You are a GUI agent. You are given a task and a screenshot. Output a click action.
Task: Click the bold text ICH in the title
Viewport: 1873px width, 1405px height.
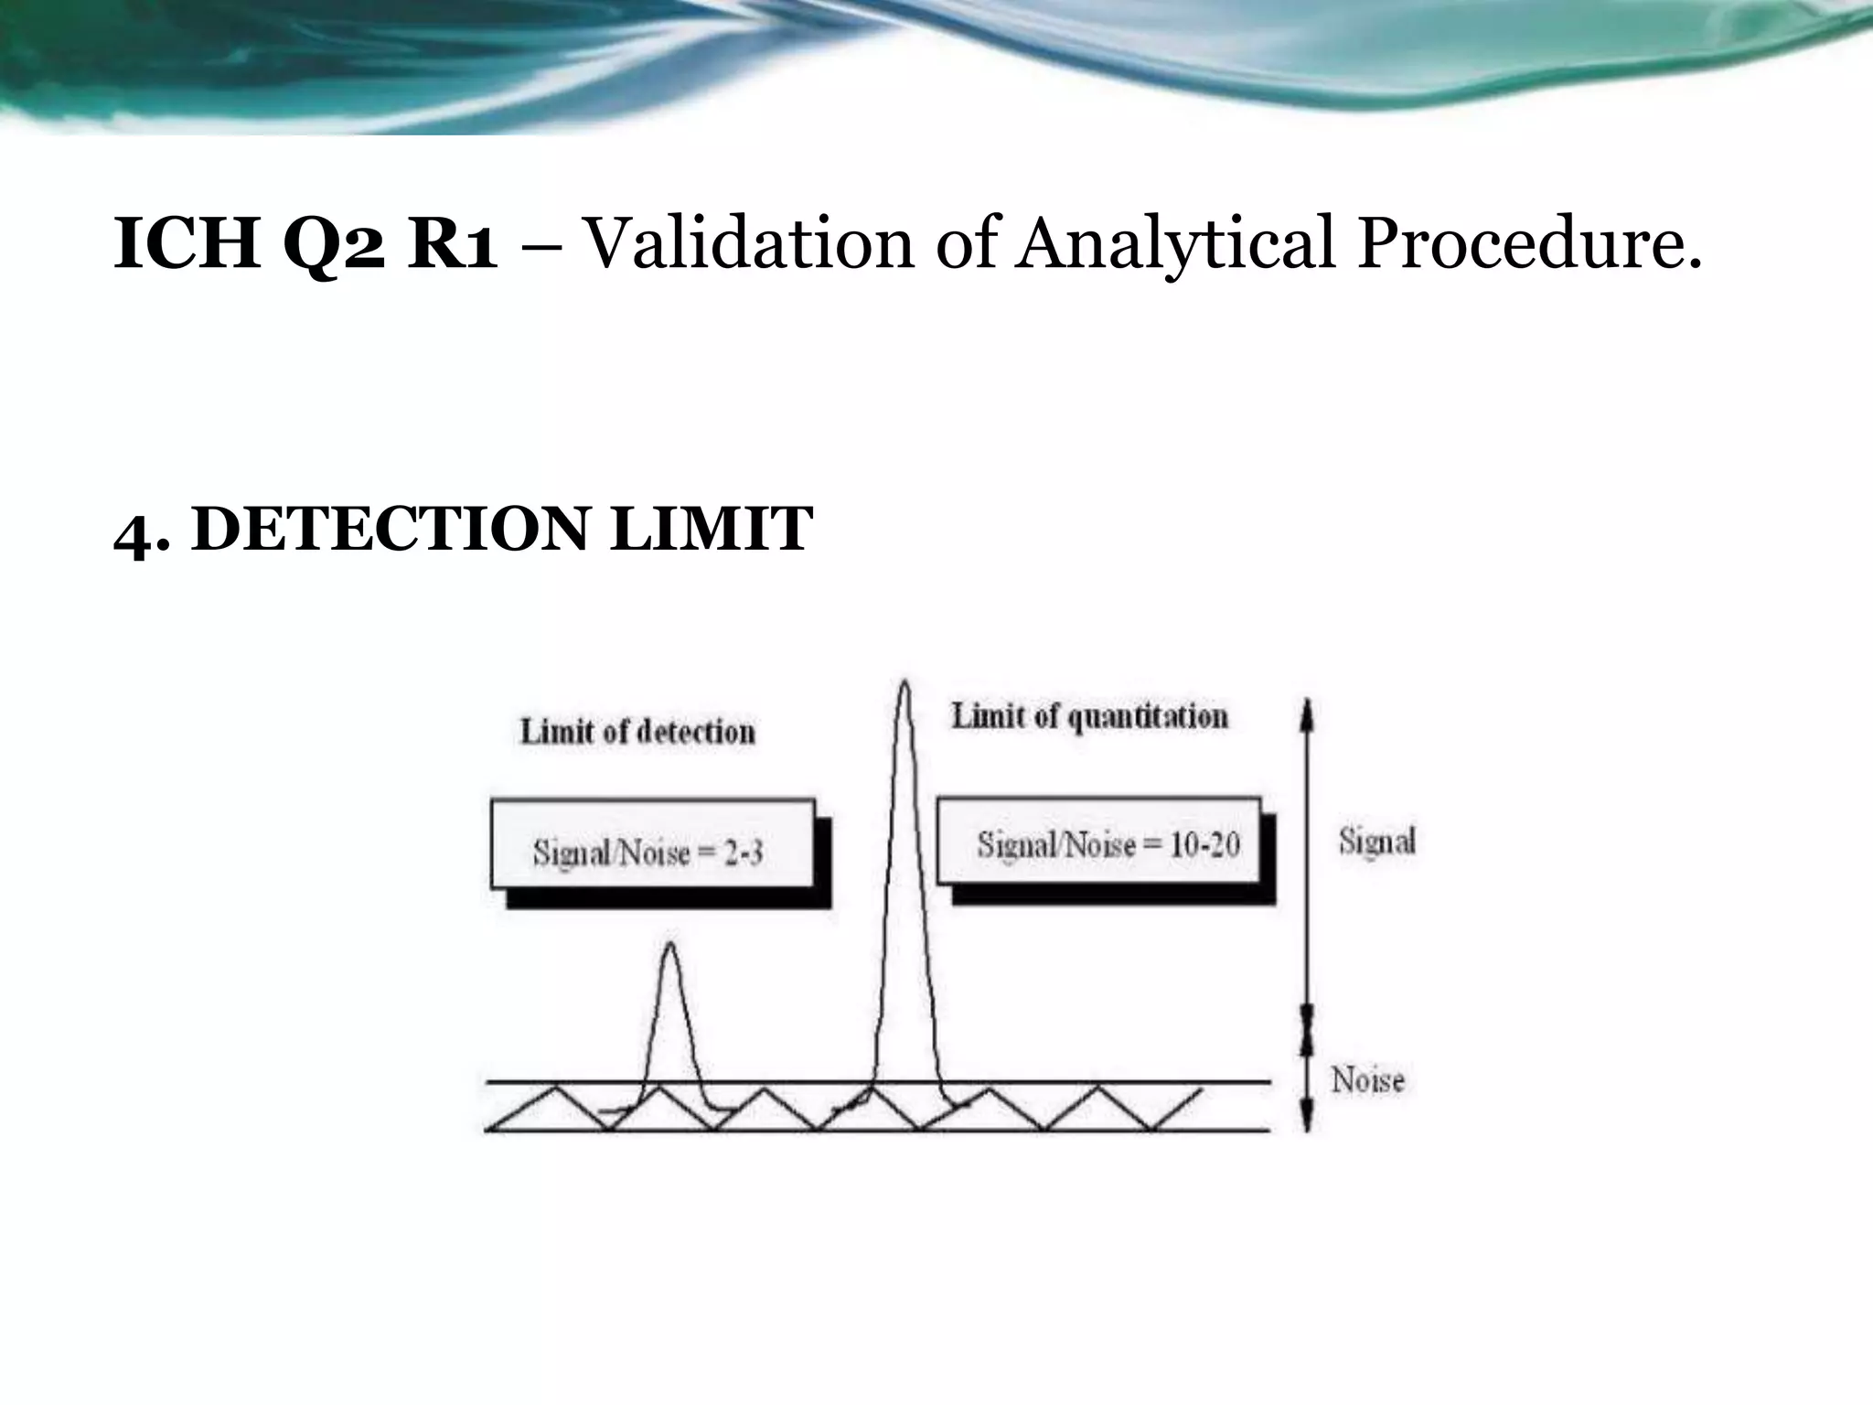coord(187,244)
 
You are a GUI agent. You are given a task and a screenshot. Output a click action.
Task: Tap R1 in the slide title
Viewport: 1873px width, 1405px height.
coord(452,244)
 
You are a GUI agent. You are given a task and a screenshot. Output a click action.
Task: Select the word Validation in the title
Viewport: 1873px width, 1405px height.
coord(748,244)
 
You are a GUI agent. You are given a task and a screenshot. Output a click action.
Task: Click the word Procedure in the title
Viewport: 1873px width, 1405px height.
coord(1529,244)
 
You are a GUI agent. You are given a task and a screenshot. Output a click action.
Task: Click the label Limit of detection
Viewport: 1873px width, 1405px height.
coord(637,732)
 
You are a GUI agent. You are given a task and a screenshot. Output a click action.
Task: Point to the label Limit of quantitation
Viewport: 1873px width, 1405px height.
coord(1089,716)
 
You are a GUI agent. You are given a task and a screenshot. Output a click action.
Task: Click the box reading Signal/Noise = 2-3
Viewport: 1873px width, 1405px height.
coord(652,844)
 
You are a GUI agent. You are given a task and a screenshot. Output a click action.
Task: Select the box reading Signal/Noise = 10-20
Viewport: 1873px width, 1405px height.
coord(1098,842)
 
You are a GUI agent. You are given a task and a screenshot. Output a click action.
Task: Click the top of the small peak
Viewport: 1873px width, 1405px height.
coord(670,945)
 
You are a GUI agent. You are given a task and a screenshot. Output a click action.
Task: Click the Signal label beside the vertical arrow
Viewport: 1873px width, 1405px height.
coord(1376,841)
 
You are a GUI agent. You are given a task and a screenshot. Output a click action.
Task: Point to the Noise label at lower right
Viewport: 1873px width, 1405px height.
coord(1367,1080)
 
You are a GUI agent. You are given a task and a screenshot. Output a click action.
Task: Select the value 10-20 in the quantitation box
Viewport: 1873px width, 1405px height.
coord(1204,844)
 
